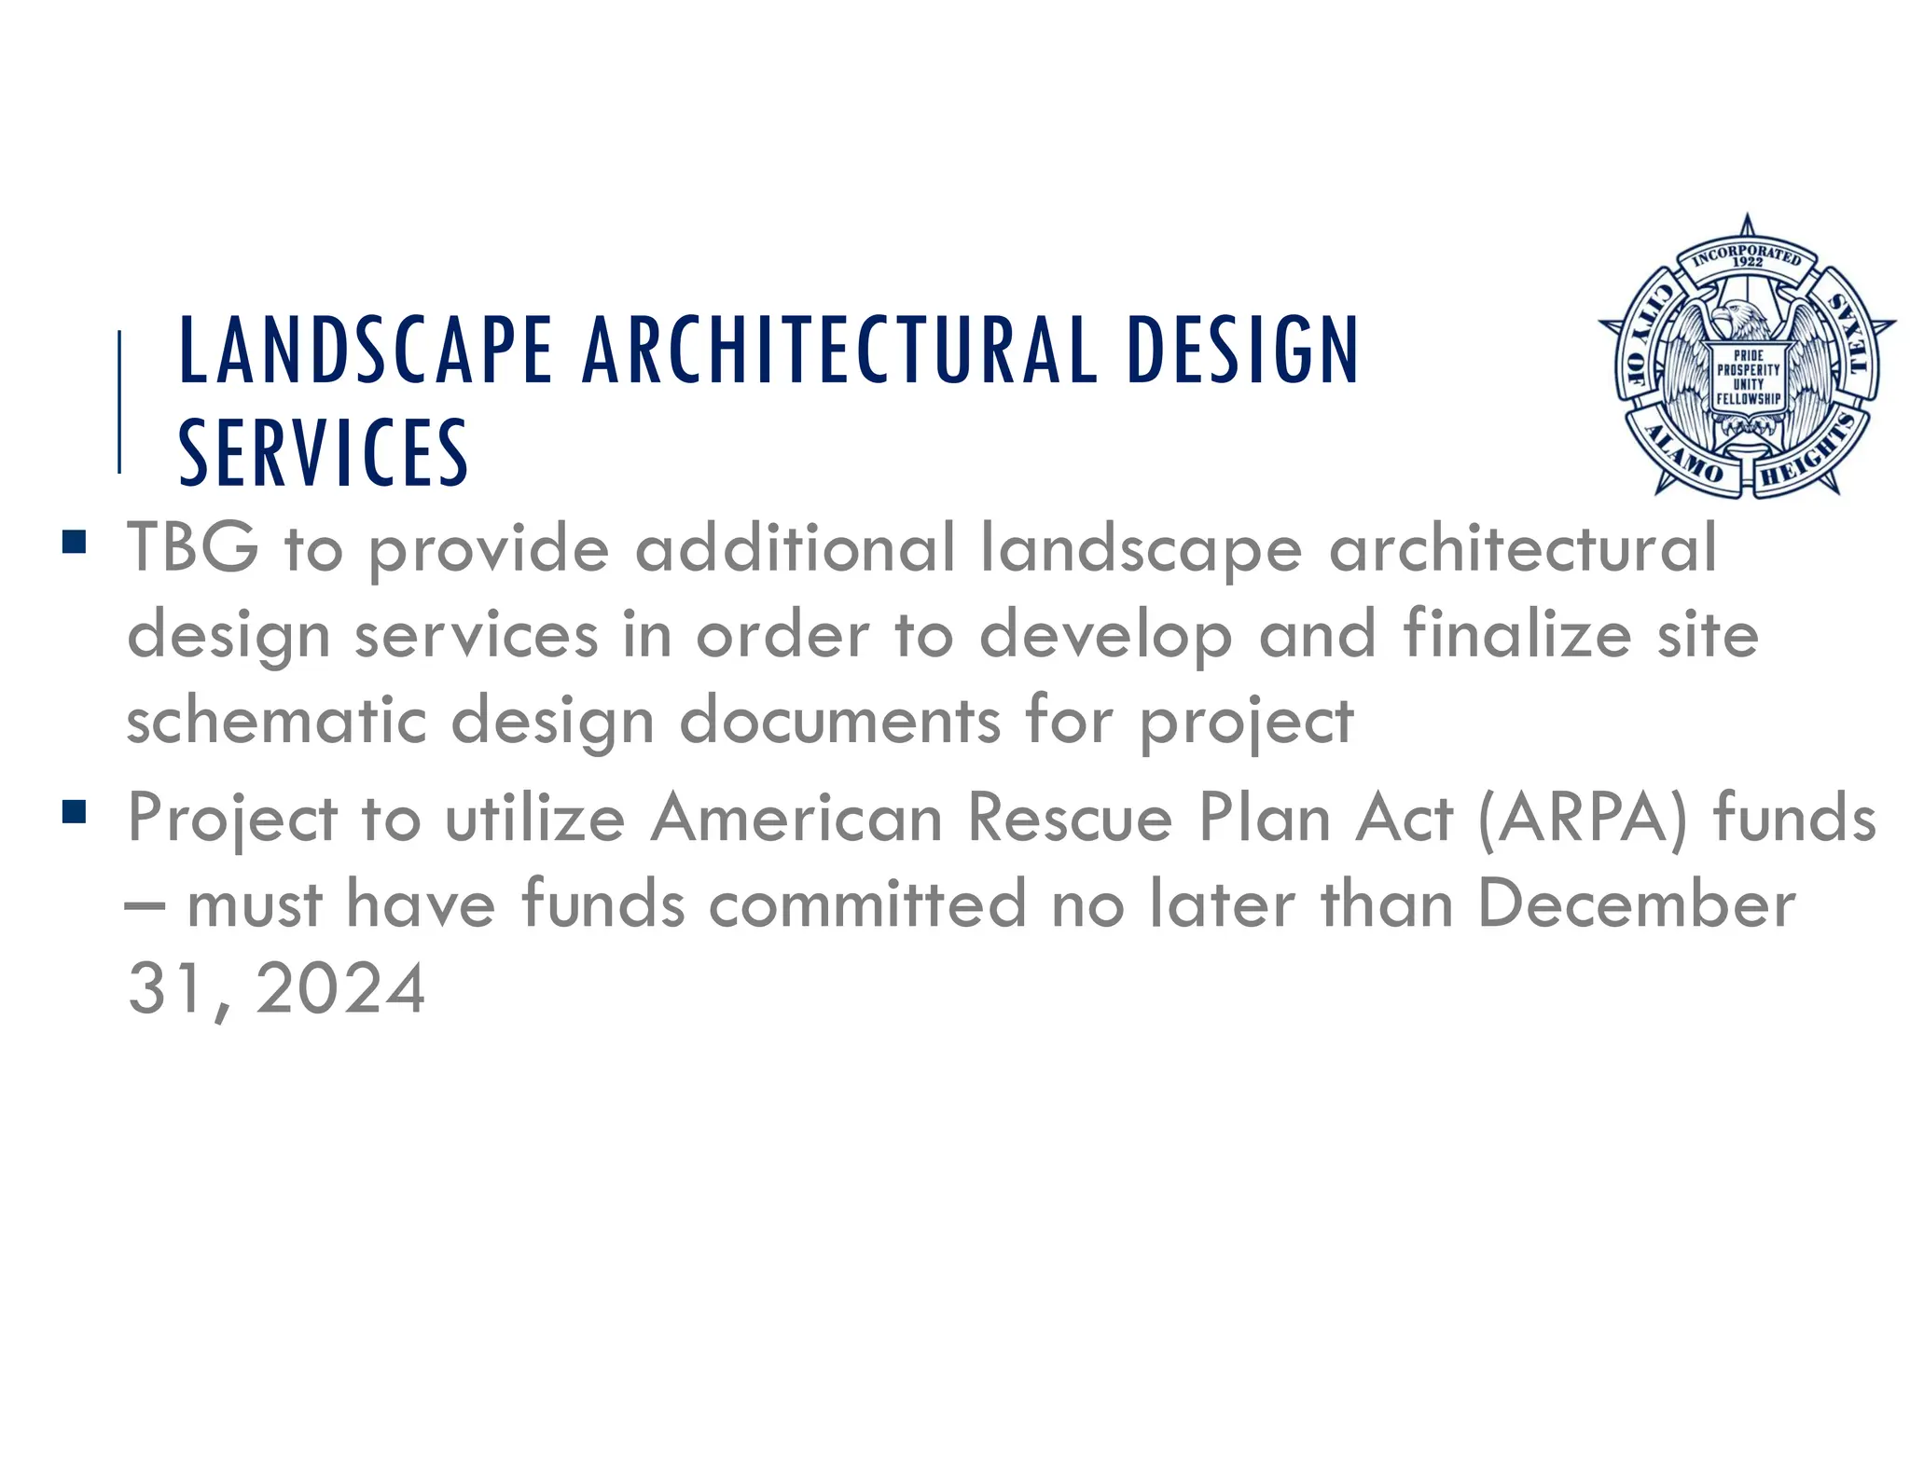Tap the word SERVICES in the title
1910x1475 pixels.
tap(323, 453)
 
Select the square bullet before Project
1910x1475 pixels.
tap(74, 812)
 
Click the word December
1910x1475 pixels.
tap(1637, 903)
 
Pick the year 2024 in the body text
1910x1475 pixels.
tap(340, 989)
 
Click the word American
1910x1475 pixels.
tap(796, 819)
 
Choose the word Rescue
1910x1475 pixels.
tap(1070, 819)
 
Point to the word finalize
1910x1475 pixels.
tap(1517, 634)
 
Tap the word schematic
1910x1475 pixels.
tap(277, 721)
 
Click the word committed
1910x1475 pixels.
tap(867, 903)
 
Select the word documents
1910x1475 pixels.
tap(839, 721)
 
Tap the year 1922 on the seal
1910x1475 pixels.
tap(1747, 262)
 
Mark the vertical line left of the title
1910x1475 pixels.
tap(119, 402)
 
